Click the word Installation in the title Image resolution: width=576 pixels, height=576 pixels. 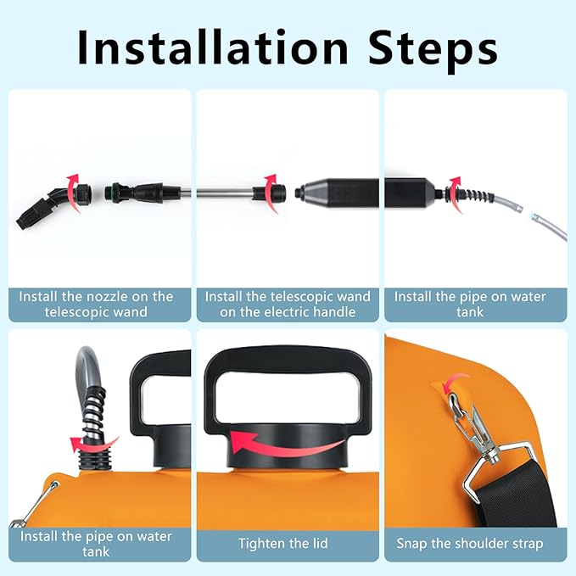click(213, 48)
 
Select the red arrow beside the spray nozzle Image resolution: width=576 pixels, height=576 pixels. click(73, 193)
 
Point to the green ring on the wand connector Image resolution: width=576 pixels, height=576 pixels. click(108, 192)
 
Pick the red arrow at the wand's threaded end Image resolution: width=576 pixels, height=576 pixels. click(271, 193)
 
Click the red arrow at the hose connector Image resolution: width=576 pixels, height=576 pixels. click(455, 194)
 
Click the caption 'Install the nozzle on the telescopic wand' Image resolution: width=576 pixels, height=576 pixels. click(96, 305)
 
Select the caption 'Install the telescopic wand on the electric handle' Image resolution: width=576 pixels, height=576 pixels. click(288, 305)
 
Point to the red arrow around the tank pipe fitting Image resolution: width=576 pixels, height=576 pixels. click(95, 445)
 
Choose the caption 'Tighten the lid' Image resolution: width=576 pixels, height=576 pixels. click(283, 543)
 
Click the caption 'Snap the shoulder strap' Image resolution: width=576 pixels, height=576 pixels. click(470, 543)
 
